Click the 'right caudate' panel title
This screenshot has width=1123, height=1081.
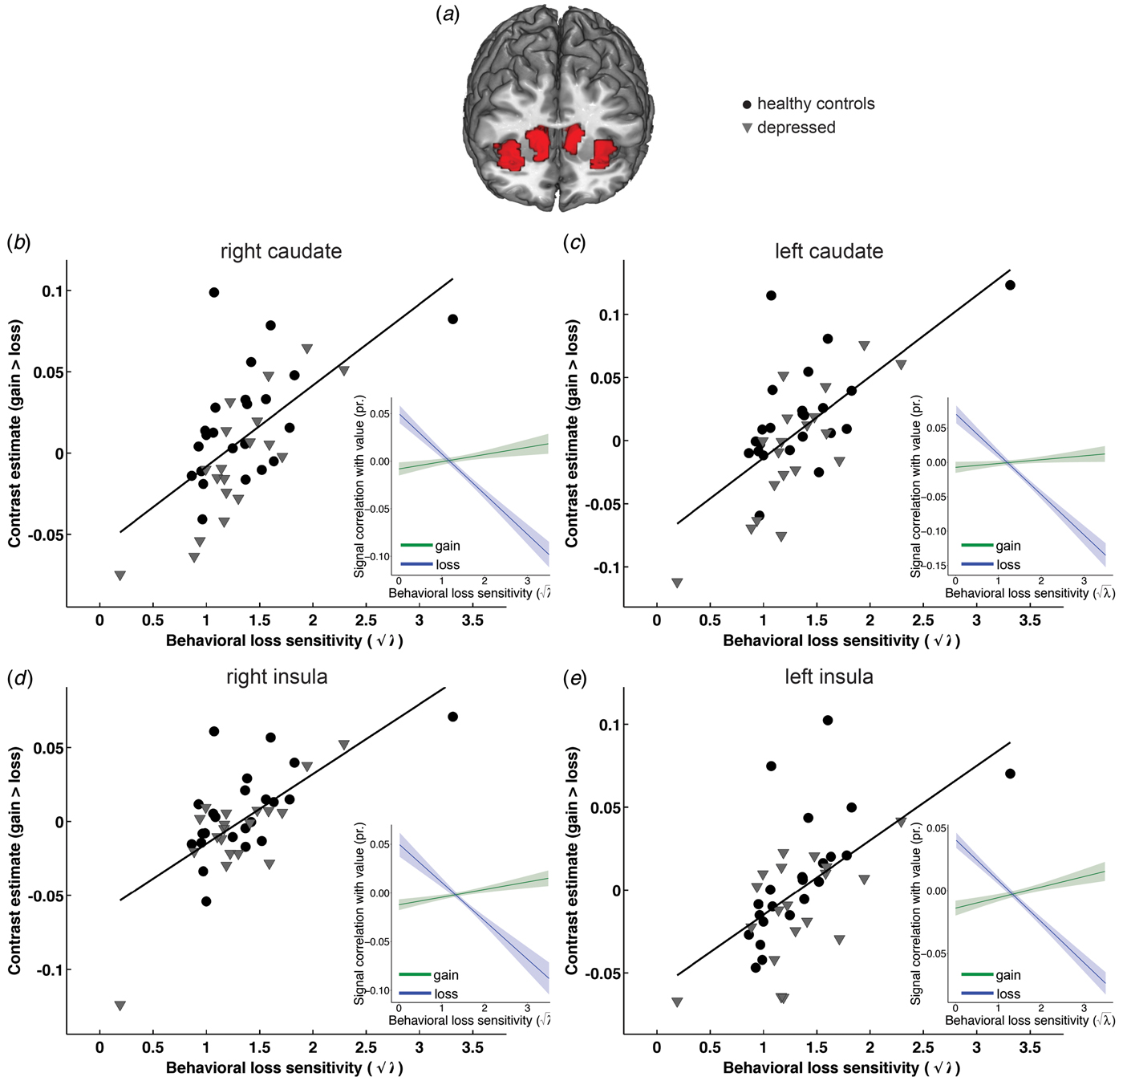(x=281, y=251)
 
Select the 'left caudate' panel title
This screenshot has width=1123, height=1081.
(x=829, y=251)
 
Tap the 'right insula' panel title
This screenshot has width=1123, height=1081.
(x=277, y=677)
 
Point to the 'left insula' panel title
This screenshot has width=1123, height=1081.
(x=829, y=677)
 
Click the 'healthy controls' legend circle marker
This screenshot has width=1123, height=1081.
(x=748, y=104)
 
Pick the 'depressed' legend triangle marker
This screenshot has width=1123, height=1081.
(x=748, y=128)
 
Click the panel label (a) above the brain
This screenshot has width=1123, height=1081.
(x=448, y=15)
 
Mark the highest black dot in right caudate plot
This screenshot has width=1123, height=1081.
(x=214, y=292)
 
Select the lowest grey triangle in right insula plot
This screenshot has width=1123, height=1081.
(x=120, y=1006)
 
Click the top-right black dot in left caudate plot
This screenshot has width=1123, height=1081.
(x=1010, y=285)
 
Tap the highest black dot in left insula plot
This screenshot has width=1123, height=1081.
(x=828, y=720)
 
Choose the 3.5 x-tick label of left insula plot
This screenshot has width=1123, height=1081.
(x=1030, y=1046)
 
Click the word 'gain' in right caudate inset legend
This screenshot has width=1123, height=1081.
(x=448, y=546)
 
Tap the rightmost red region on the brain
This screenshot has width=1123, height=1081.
(x=604, y=154)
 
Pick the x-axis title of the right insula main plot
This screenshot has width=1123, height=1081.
(x=284, y=1067)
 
